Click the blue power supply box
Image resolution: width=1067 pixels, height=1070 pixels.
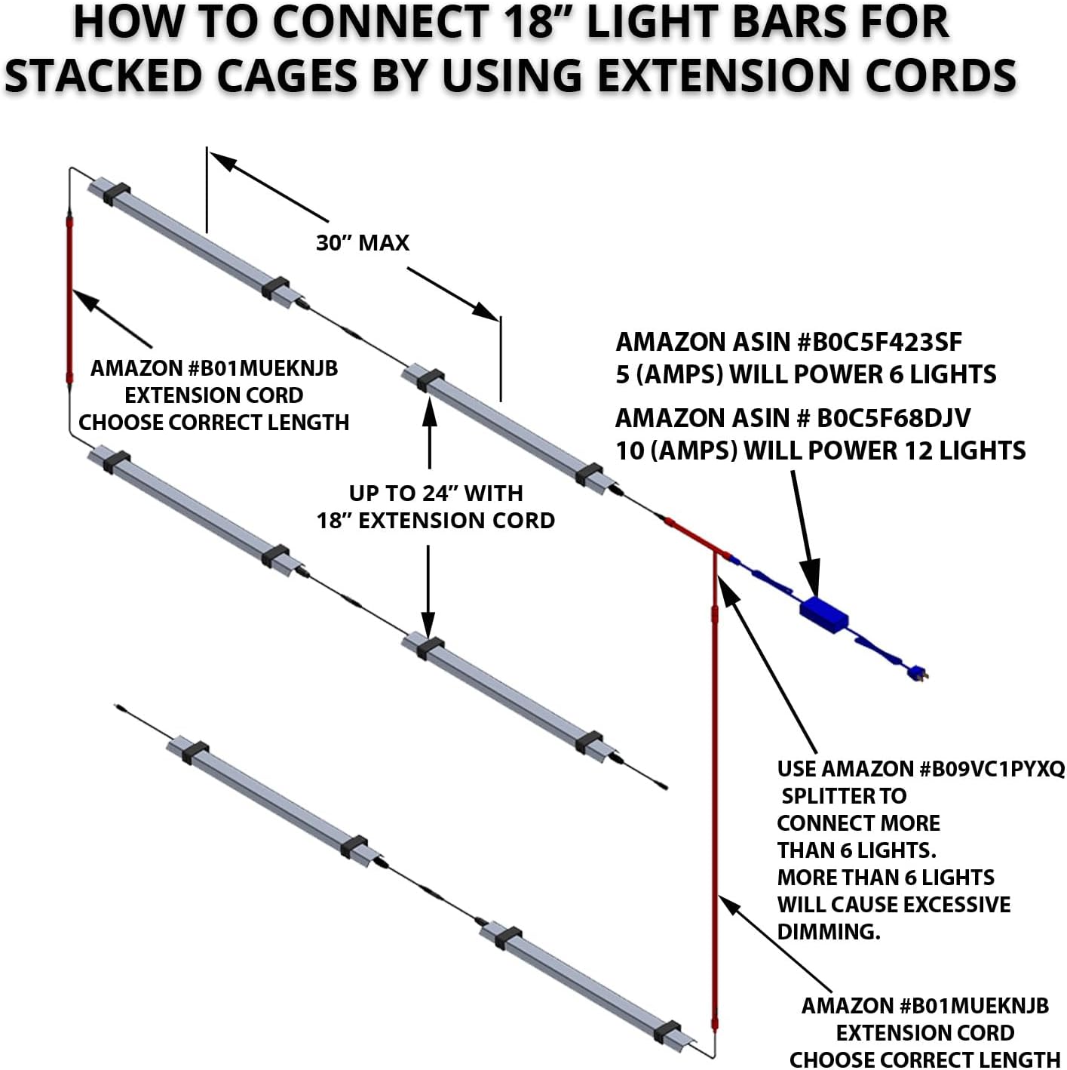pos(823,615)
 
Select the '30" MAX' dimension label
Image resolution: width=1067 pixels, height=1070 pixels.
pos(363,243)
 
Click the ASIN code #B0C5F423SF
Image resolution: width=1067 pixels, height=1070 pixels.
pos(879,343)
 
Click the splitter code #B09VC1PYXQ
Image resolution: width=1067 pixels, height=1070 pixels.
pos(991,769)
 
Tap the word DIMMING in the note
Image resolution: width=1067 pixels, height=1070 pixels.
pos(828,932)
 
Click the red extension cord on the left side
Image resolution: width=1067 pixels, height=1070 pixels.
pos(69,302)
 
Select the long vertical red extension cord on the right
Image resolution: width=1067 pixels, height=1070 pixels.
pos(714,792)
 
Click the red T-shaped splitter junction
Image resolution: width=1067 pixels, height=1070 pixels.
pos(713,551)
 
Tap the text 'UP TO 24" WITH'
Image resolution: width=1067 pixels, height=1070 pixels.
pos(436,493)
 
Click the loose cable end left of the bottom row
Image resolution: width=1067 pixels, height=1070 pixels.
pos(119,708)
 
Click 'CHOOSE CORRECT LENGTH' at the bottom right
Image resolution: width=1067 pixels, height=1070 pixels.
pos(924,1059)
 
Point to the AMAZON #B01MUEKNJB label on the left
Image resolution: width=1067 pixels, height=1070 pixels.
pos(214,368)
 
